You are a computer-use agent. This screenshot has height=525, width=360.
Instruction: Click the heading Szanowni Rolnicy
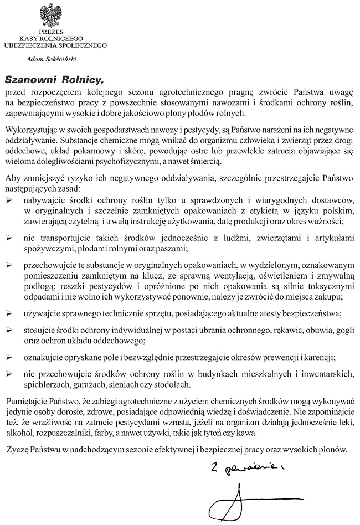coord(54,79)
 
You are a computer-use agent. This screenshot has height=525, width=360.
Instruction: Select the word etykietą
coord(249,210)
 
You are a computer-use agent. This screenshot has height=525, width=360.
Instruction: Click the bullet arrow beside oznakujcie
coord(8,357)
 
